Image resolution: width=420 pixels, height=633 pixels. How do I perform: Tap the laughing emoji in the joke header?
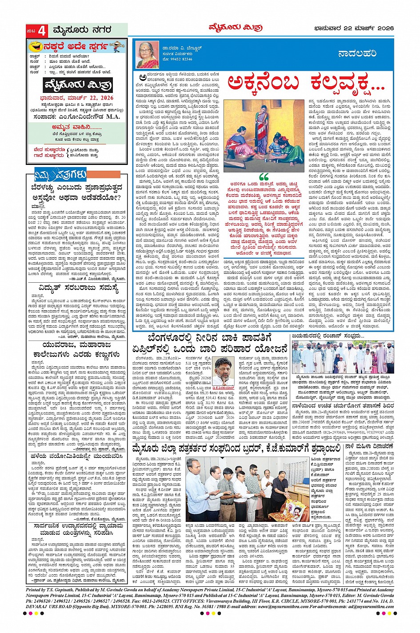[x=34, y=46]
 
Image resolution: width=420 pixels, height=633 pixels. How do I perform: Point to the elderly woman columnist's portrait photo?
[x=147, y=55]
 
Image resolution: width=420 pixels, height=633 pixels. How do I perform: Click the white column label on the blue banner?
[x=357, y=53]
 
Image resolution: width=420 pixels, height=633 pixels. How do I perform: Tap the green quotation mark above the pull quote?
[x=263, y=176]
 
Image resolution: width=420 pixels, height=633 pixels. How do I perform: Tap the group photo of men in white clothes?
[x=343, y=358]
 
